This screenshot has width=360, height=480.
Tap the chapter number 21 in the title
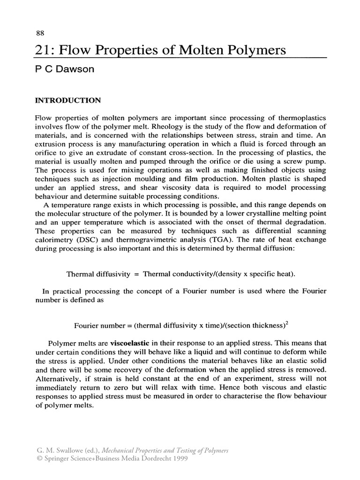(43, 50)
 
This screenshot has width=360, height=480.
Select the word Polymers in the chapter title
(260, 51)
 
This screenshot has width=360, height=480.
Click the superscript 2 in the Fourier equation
(288, 322)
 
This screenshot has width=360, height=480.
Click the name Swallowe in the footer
(70, 450)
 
